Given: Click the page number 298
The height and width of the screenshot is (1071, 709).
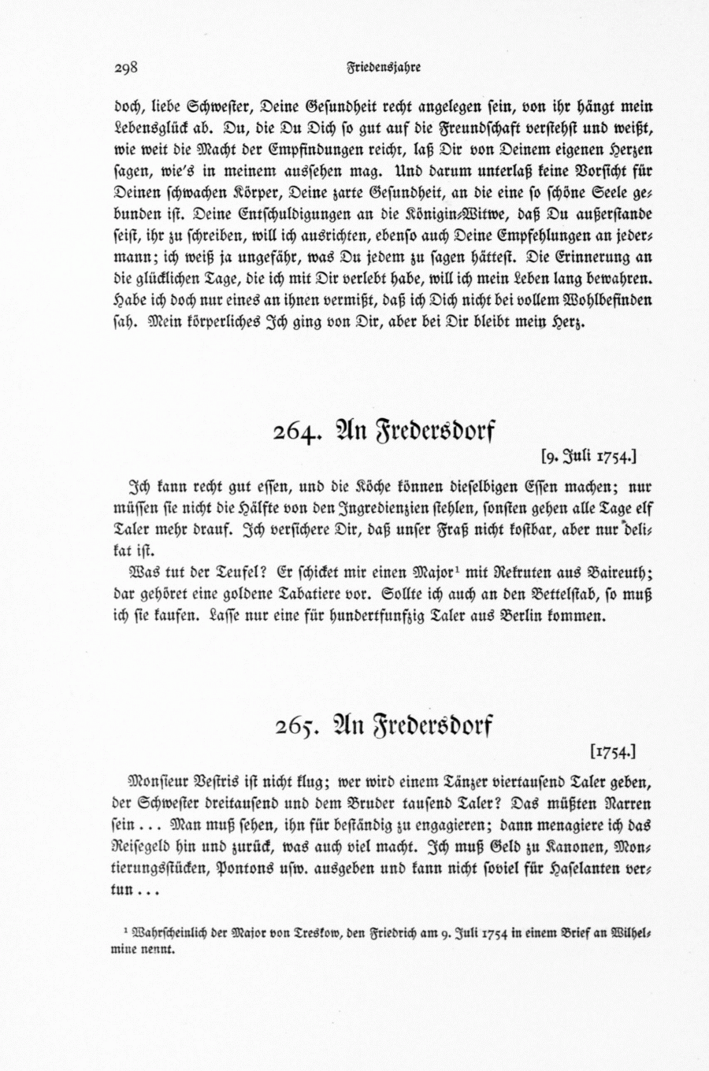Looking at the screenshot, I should (126, 68).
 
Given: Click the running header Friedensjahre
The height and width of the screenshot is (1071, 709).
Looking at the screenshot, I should (384, 68).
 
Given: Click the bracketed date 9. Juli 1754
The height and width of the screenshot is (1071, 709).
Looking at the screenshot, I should (588, 455).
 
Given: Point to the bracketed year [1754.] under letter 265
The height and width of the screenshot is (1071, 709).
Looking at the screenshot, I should (612, 751).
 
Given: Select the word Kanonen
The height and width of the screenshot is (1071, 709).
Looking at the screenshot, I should (570, 849).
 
